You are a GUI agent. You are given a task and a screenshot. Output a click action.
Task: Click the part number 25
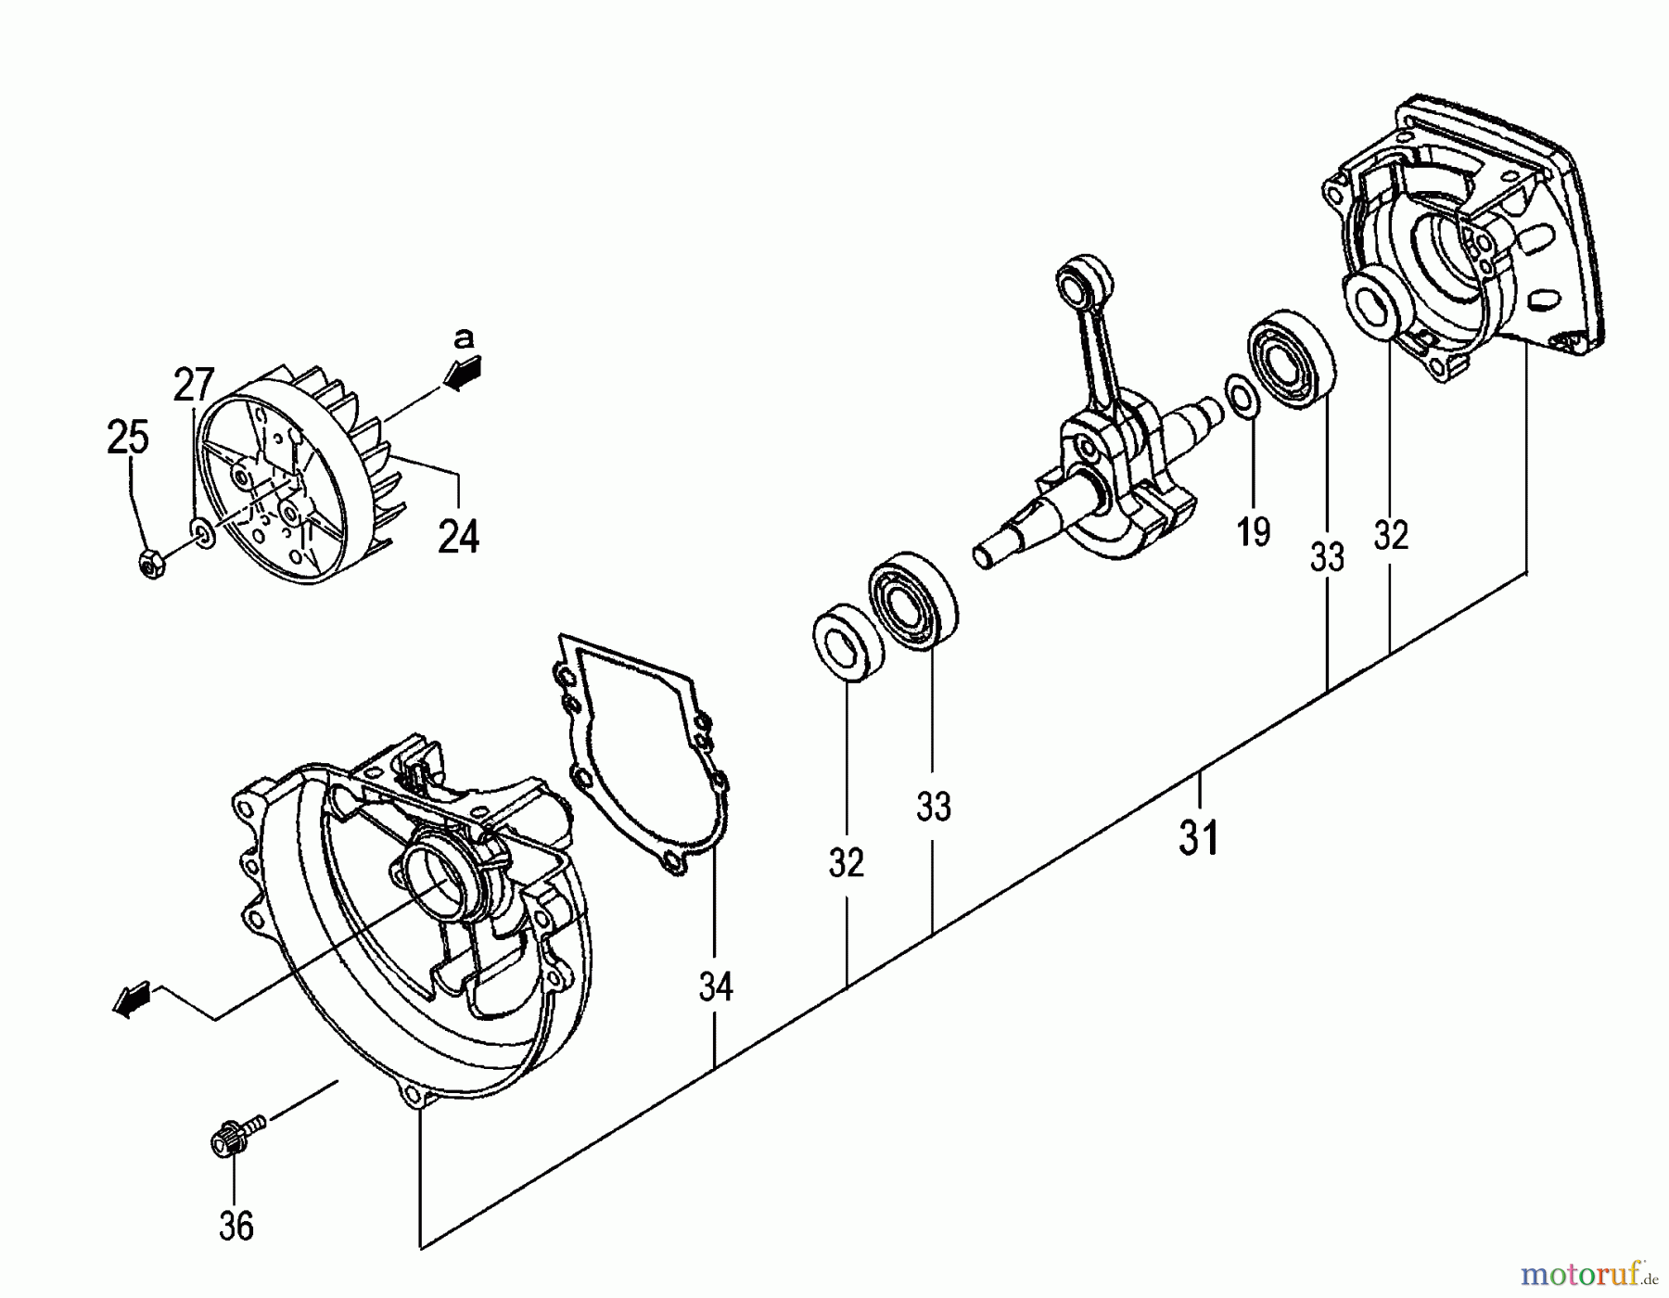point(128,437)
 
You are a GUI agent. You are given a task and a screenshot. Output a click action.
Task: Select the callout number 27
point(194,385)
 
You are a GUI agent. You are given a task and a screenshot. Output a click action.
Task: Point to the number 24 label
point(458,537)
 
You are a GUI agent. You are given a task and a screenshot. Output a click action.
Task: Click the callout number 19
point(1254,532)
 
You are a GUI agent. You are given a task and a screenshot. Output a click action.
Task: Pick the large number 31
point(1200,839)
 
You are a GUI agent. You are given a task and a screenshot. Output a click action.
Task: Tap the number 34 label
point(716,987)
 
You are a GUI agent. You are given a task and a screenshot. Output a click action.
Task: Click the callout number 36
point(236,1226)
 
